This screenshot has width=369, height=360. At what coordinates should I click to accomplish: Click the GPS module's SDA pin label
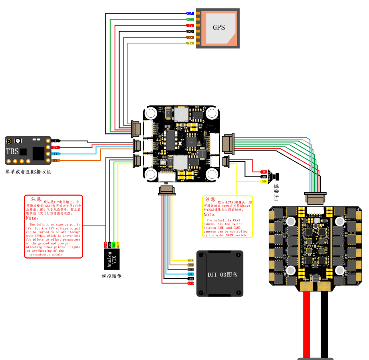click(190, 14)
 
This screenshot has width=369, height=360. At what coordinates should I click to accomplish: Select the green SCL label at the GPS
click(190, 19)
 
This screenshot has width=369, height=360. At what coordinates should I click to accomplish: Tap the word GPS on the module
click(219, 28)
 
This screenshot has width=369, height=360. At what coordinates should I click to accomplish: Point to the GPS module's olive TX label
click(190, 43)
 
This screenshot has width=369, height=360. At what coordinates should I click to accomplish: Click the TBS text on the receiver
click(12, 152)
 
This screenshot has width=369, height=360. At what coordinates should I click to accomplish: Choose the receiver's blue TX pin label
click(56, 154)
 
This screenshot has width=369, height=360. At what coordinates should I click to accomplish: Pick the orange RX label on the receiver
click(56, 160)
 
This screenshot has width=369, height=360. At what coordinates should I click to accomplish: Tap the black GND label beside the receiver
click(56, 141)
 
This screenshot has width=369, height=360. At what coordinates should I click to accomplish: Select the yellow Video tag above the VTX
click(118, 244)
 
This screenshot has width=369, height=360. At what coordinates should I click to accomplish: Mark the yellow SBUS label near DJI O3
click(191, 260)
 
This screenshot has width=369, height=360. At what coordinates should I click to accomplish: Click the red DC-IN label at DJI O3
click(191, 283)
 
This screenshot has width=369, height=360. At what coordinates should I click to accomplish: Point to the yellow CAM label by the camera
click(264, 182)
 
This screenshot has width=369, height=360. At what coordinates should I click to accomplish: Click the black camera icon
click(276, 176)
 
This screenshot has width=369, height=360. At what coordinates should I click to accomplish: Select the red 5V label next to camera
click(264, 172)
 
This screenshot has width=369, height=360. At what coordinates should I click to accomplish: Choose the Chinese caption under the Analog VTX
click(111, 276)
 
